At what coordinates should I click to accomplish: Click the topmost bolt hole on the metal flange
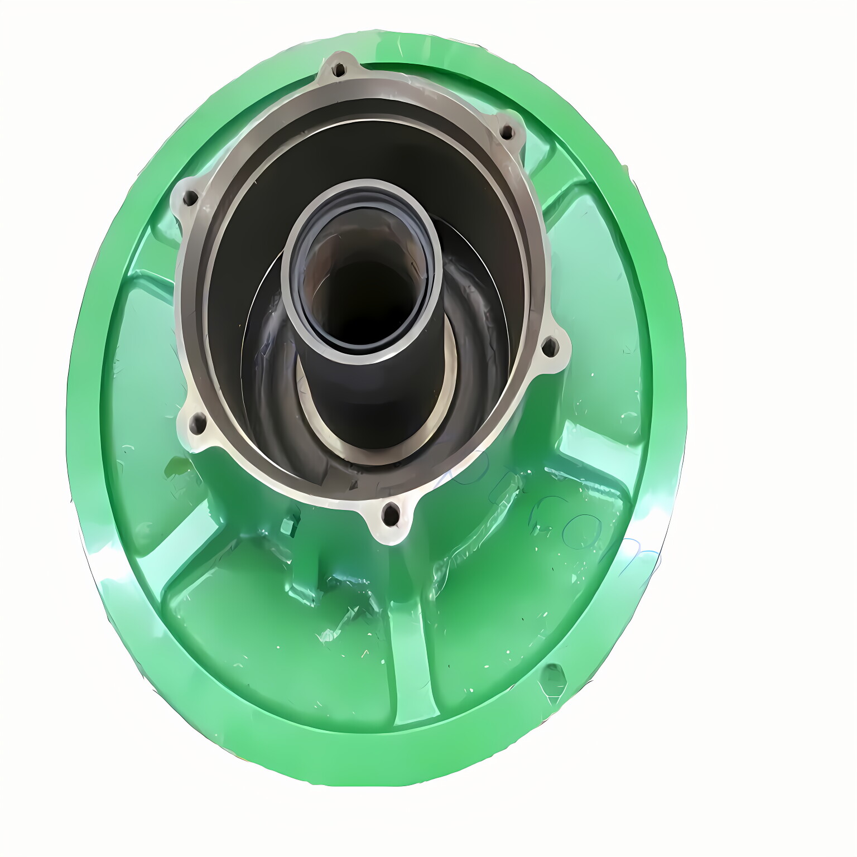click(339, 70)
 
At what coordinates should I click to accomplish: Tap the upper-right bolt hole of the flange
click(507, 132)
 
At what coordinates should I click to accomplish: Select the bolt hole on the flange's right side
click(550, 347)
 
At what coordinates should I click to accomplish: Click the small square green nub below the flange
click(288, 526)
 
